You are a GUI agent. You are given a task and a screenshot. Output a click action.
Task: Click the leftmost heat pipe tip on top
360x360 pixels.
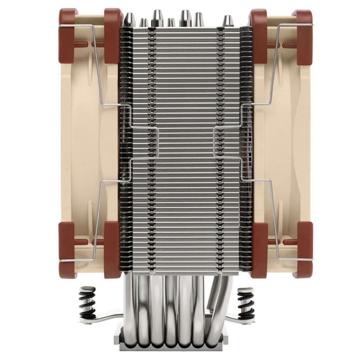point(129,20)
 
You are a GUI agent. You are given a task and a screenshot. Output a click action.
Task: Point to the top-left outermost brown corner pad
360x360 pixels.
point(67,35)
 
